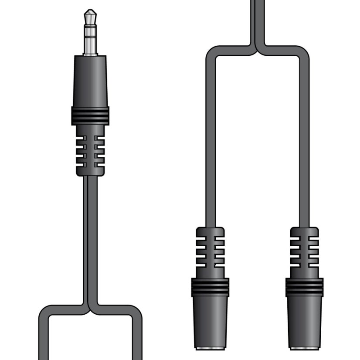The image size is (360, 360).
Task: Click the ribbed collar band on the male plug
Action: point(90,115)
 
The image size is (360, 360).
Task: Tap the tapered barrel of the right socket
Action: point(305,323)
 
